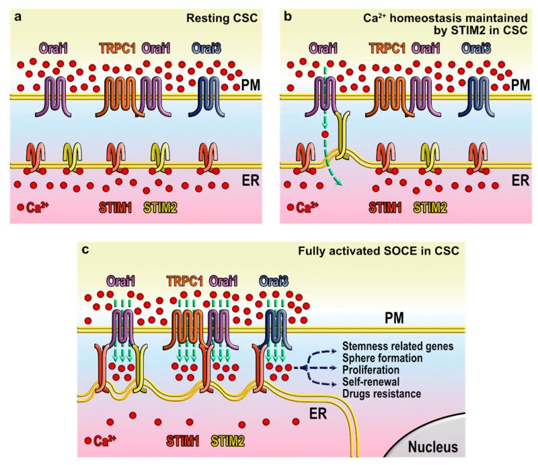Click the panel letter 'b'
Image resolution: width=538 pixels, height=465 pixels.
289,9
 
